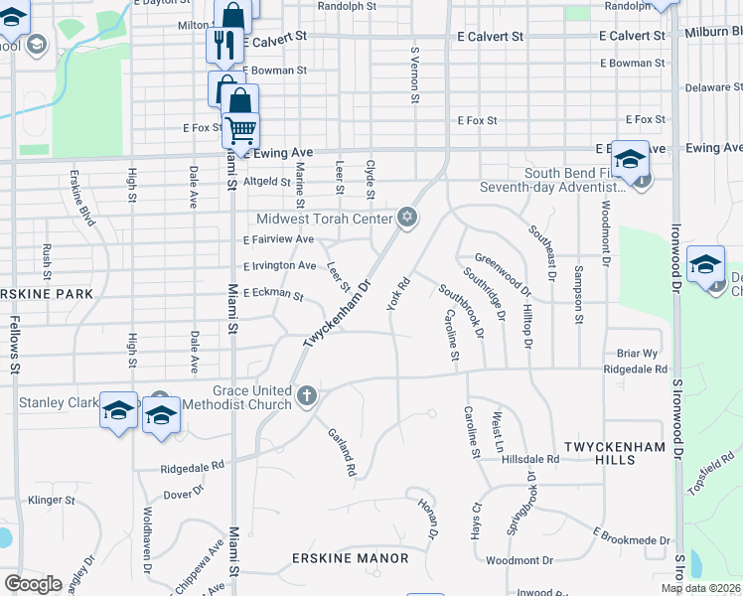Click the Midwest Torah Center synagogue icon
[406, 218]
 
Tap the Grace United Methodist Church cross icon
[307, 397]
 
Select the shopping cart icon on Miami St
[239, 128]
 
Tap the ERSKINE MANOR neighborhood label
[350, 558]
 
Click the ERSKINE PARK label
[47, 294]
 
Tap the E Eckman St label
[272, 294]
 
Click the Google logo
[33, 584]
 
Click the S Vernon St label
[414, 74]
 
